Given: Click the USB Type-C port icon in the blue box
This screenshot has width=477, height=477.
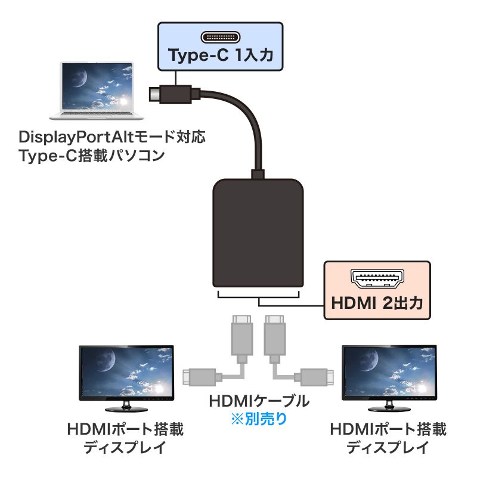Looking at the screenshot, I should [x=219, y=38].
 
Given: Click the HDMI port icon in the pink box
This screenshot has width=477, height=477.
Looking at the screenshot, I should [x=376, y=277].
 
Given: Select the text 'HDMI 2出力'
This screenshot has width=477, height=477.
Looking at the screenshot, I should [x=377, y=303].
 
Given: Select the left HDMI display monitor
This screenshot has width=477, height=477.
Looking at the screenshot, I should [x=126, y=376].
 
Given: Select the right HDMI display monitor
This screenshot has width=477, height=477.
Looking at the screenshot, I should [x=388, y=376].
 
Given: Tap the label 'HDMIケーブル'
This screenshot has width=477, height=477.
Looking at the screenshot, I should [x=258, y=401].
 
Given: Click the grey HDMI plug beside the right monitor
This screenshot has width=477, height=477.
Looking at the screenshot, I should [x=315, y=376].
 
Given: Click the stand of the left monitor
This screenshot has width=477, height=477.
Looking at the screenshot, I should [x=126, y=407].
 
